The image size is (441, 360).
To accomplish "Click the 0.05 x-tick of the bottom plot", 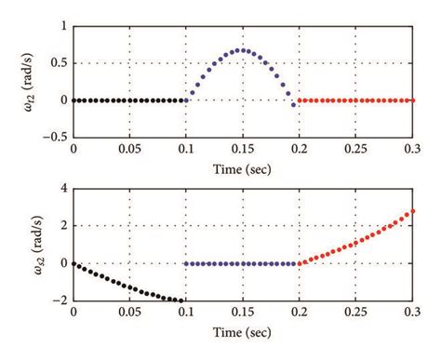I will (x=128, y=313).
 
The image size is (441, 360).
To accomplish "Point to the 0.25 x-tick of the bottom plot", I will (x=354, y=313).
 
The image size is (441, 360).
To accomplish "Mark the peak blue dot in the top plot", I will (x=242, y=50).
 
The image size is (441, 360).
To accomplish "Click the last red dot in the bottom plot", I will (x=410, y=212).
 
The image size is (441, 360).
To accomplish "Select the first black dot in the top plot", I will (x=73, y=100).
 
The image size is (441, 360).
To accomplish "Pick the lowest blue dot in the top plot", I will (x=294, y=105).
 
